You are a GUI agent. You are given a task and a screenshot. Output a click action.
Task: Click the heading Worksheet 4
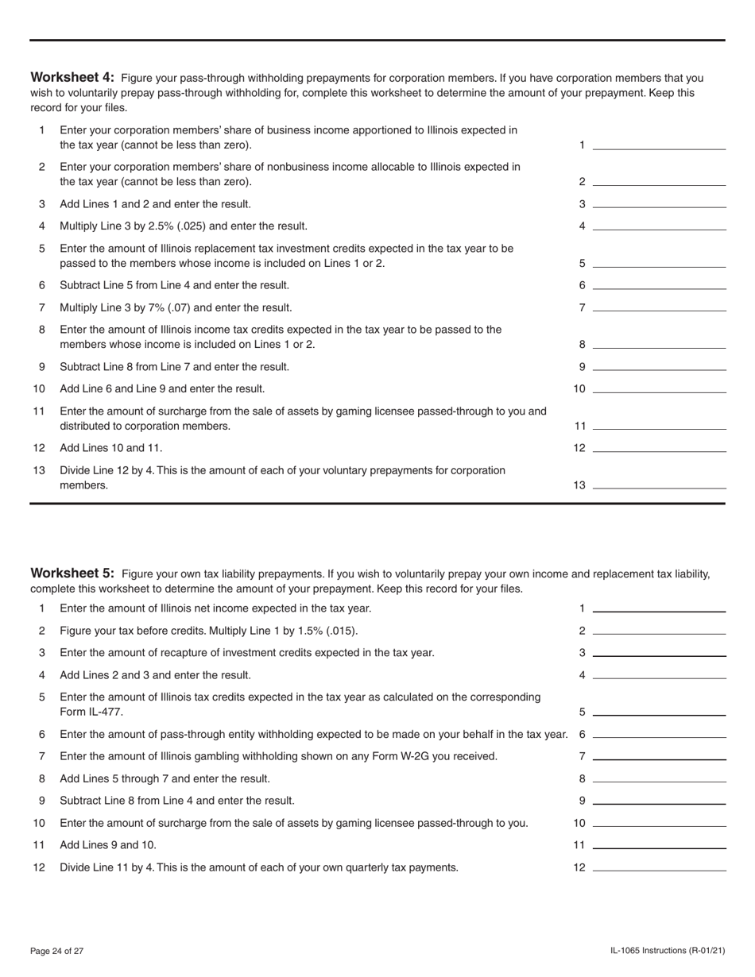pyautogui.click(x=72, y=78)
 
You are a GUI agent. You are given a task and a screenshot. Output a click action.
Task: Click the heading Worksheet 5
pyautogui.click(x=72, y=573)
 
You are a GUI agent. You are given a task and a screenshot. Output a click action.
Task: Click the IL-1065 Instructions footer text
pyautogui.click(x=668, y=951)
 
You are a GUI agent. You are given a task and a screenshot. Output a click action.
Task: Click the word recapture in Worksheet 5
pyautogui.click(x=192, y=653)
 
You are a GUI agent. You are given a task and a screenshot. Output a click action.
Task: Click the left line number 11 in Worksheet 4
pyautogui.click(x=39, y=411)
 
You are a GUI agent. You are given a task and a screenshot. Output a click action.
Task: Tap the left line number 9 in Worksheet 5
pyautogui.click(x=42, y=801)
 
